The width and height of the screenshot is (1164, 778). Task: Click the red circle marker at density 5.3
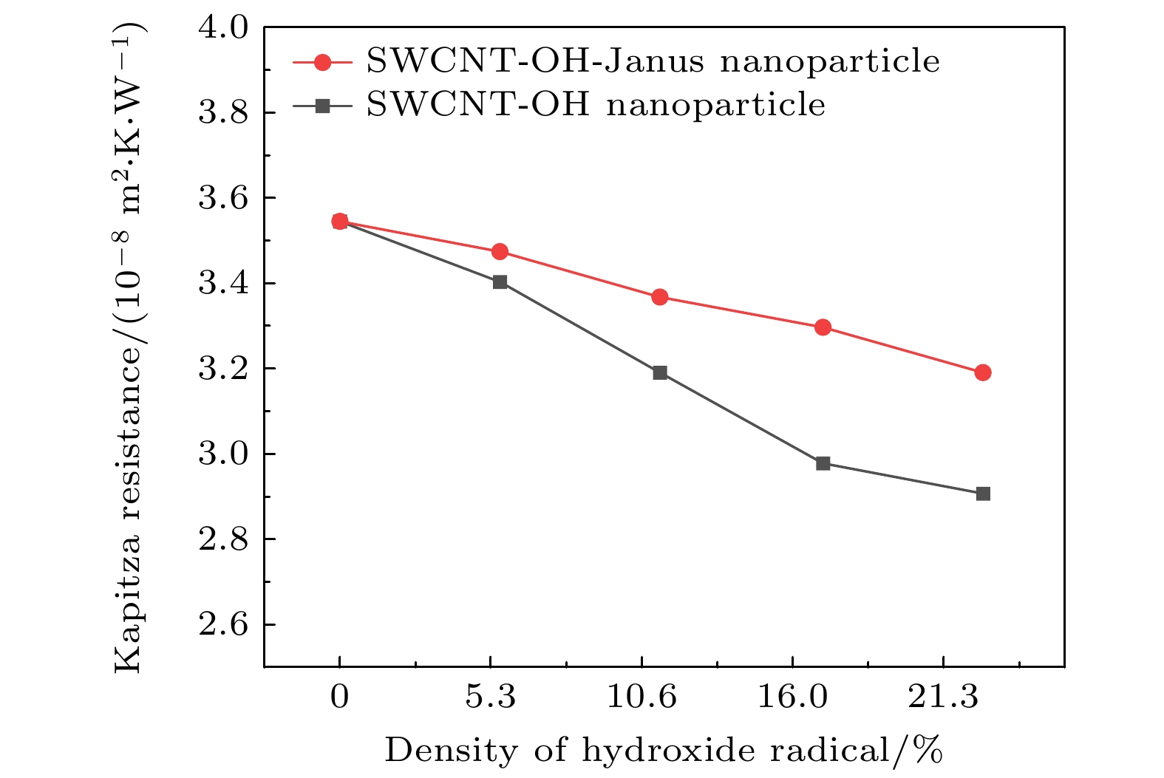(x=500, y=252)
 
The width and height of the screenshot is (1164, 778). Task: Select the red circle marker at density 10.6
(x=660, y=297)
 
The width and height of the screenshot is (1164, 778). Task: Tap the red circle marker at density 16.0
(x=823, y=327)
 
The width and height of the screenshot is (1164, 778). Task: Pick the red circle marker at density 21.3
(x=982, y=372)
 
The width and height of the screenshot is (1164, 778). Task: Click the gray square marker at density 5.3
(x=500, y=282)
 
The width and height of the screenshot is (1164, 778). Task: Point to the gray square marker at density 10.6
(x=660, y=372)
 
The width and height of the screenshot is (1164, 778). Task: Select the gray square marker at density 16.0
(x=823, y=463)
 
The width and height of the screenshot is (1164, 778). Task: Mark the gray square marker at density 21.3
(x=982, y=494)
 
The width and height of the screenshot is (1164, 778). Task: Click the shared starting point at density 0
(x=339, y=221)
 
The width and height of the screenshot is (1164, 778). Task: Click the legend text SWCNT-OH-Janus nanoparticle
(x=653, y=62)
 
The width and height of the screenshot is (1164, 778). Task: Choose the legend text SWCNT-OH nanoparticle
(x=596, y=105)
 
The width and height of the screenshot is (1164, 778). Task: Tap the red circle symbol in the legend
(x=322, y=62)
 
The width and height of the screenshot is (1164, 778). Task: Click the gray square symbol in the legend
(x=322, y=106)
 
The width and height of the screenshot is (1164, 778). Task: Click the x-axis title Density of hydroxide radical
(x=663, y=751)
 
